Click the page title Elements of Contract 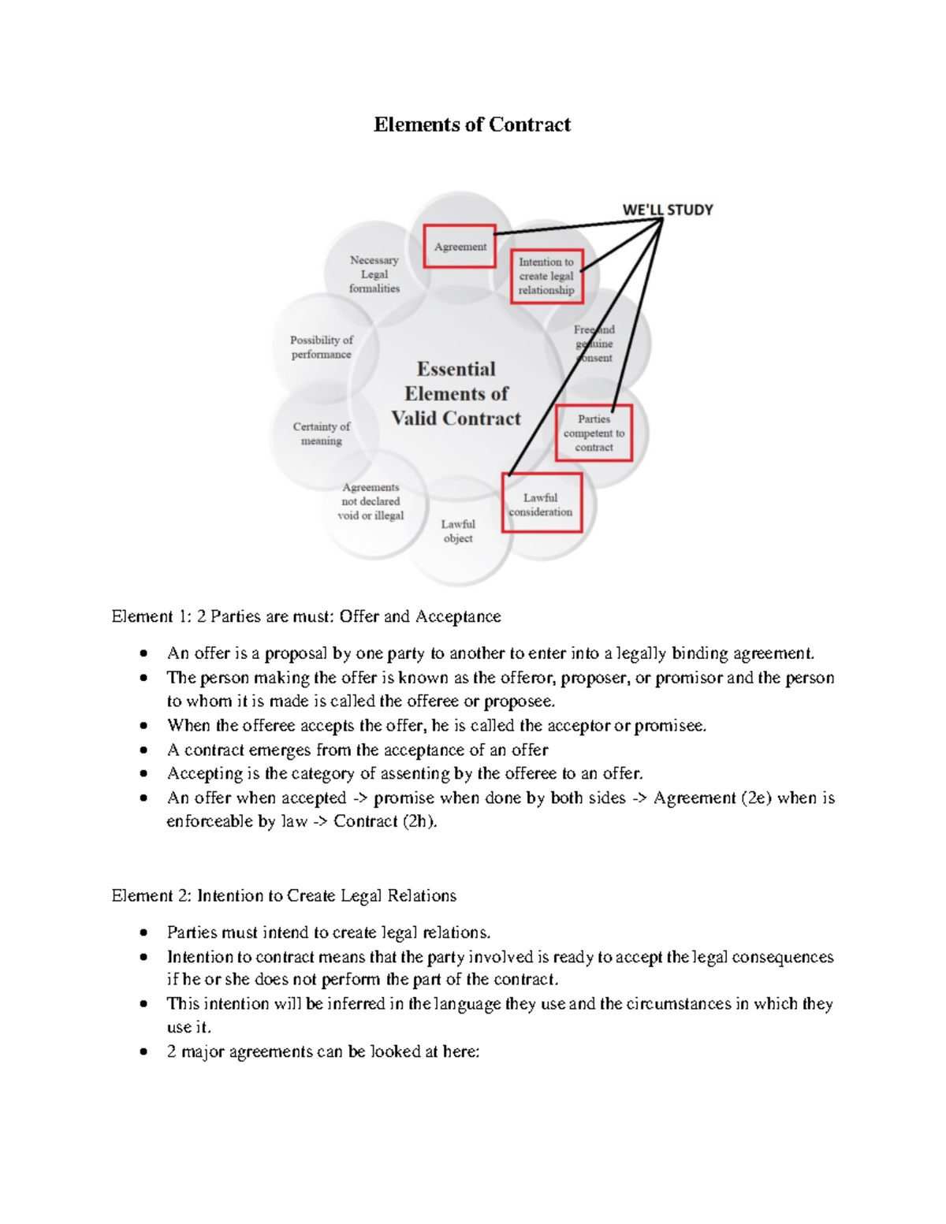click(x=472, y=125)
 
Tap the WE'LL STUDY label click(x=667, y=210)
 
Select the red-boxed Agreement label click(x=460, y=246)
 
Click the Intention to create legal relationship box click(x=546, y=276)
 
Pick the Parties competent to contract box click(x=594, y=433)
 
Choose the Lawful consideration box click(x=541, y=504)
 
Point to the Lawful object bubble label click(x=458, y=531)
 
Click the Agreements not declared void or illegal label click(x=371, y=501)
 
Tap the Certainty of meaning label click(x=322, y=433)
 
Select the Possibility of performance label click(x=322, y=347)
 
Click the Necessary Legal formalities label click(x=374, y=273)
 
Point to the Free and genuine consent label click(x=594, y=344)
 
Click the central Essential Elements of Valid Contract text click(x=456, y=393)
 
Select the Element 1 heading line click(x=306, y=616)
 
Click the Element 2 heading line click(x=284, y=895)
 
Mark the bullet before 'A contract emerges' click(x=143, y=750)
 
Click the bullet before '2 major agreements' click(x=143, y=1051)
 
